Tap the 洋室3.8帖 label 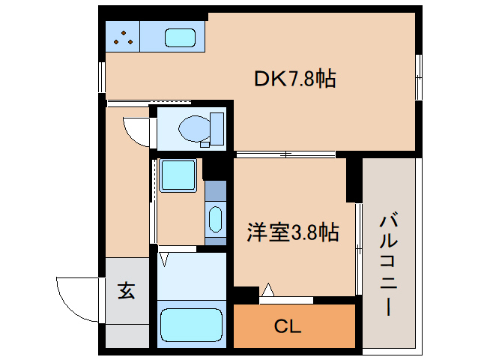point(293,232)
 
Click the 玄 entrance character point(126,290)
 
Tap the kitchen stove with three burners point(123,36)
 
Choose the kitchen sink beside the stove point(180,37)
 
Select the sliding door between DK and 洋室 point(285,155)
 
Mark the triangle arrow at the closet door point(268,289)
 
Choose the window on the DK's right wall point(420,76)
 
